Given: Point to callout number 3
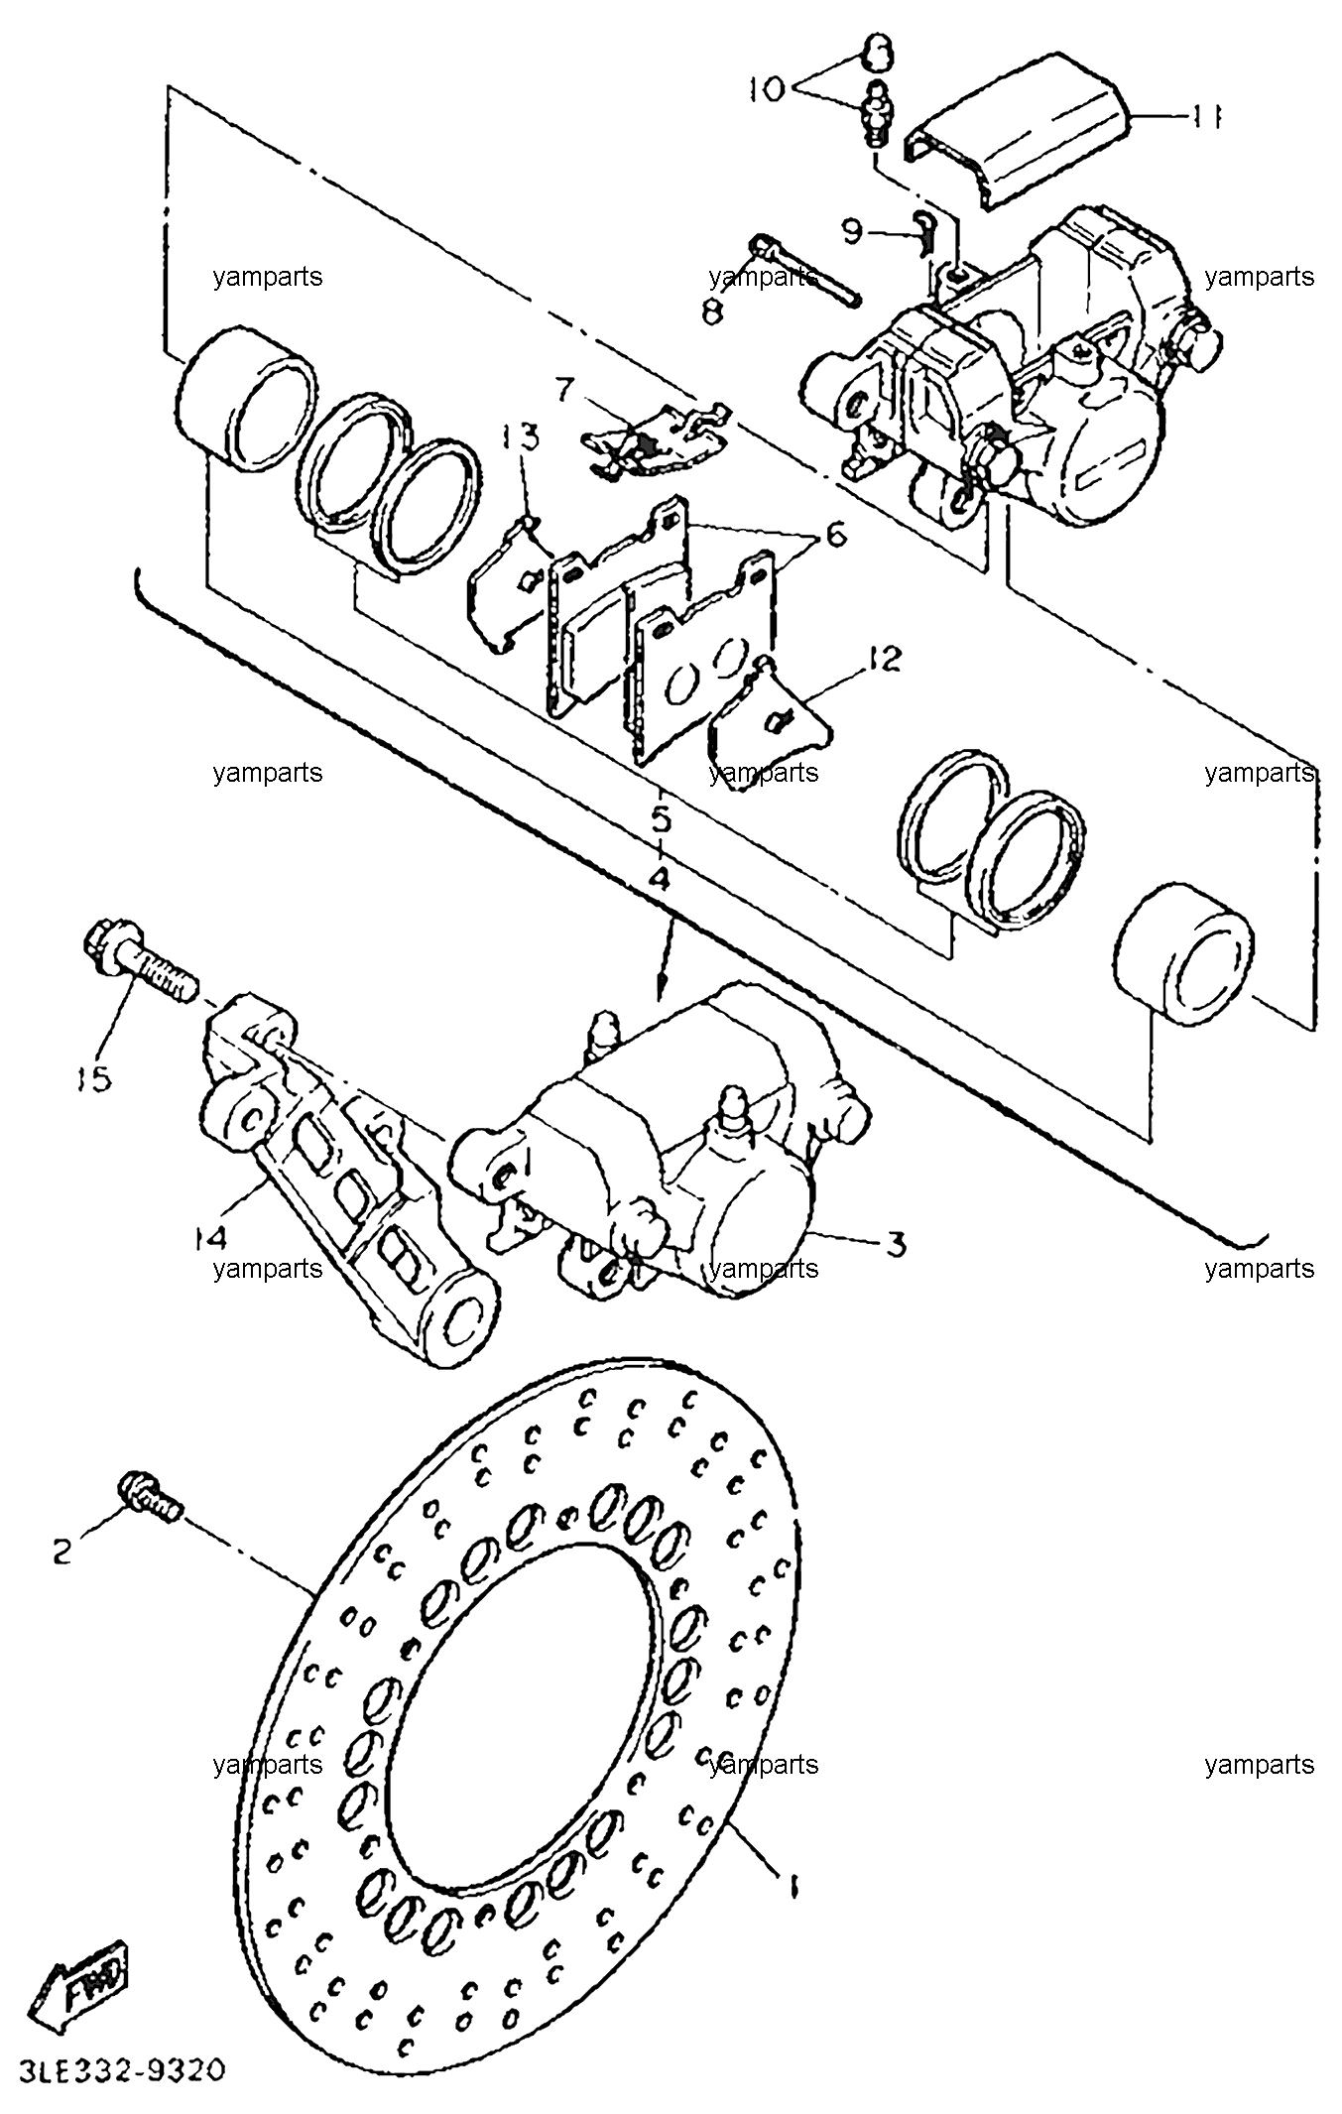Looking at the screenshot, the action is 896,1243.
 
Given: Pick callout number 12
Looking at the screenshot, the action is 884,658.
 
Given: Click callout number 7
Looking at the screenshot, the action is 563,389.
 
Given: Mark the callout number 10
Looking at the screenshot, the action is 766,88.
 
